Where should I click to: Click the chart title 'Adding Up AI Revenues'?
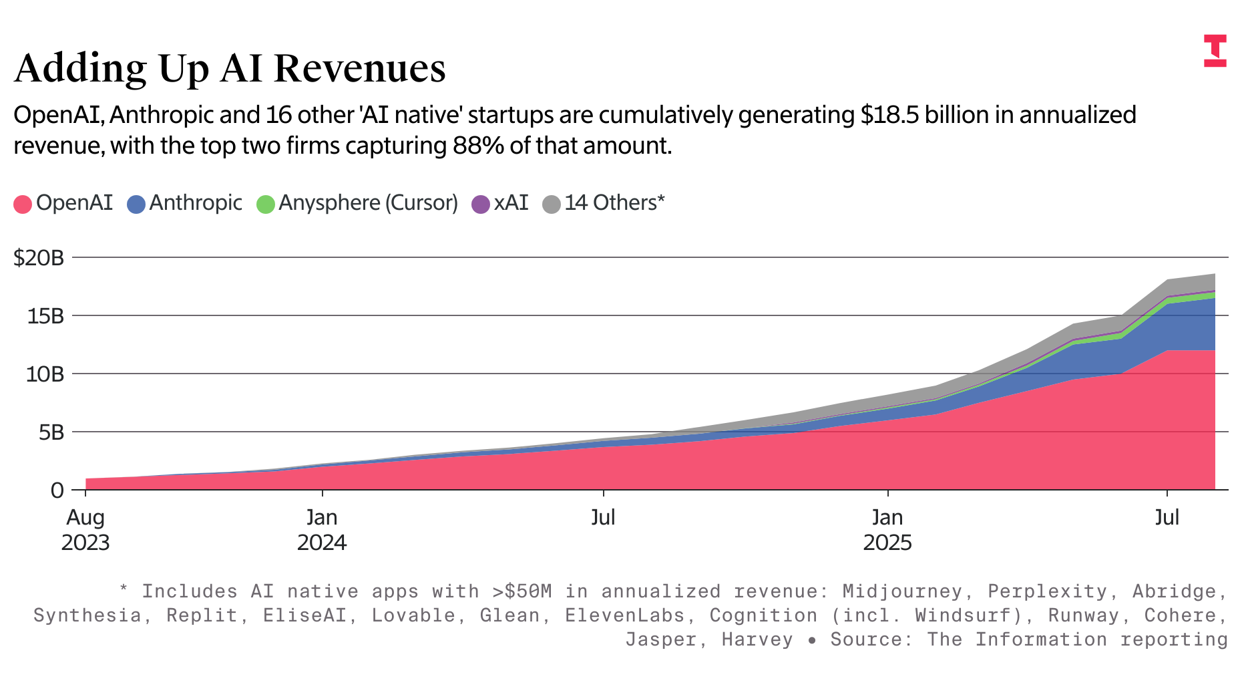[230, 68]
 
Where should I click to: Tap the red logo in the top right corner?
[1215, 51]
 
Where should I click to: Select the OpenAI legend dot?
[23, 204]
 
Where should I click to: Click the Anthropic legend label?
[195, 202]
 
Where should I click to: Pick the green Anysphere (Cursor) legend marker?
[265, 204]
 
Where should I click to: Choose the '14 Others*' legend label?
[614, 202]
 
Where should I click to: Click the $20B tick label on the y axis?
[39, 258]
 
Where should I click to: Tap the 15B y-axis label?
[45, 316]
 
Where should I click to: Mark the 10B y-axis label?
[45, 374]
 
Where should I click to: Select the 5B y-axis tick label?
[51, 432]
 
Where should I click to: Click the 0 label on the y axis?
[57, 491]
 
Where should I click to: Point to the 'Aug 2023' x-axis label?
[85, 529]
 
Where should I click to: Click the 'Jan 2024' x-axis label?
[322, 529]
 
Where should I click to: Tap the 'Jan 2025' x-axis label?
[887, 529]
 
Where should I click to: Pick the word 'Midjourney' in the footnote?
[901, 591]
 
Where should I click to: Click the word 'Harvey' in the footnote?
[757, 640]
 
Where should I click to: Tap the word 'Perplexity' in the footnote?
[1047, 591]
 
